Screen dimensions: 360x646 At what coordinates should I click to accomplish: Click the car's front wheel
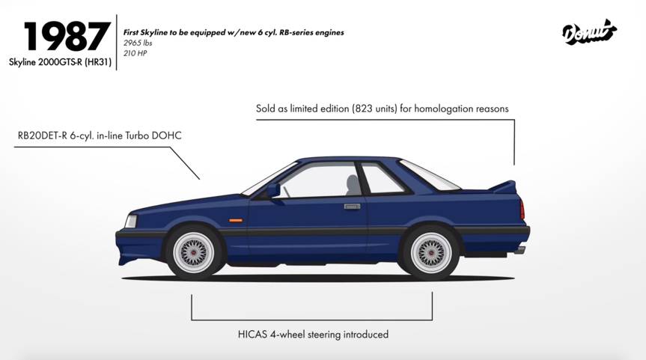193,251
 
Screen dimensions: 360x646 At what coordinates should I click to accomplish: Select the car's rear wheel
428,251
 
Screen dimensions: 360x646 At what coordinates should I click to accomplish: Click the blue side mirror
273,190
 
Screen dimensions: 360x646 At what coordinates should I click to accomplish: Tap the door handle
352,206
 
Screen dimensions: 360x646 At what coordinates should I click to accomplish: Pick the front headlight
132,222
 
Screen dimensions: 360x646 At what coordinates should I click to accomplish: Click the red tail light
522,209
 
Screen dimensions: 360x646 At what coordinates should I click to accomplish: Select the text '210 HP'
135,54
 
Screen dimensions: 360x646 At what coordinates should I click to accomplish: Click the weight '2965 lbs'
138,43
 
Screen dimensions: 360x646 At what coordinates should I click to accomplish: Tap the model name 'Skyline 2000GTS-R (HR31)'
60,63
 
